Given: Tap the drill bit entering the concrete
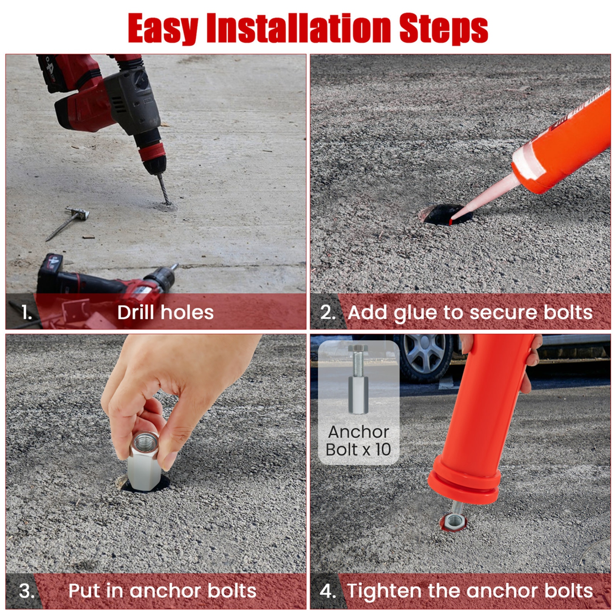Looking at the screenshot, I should point(163,189).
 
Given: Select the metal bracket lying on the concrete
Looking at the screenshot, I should point(78,214).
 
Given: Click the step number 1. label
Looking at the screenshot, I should point(27,313).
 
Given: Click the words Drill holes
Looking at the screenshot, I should point(165,313).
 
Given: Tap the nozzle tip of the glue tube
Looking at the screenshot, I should point(454,221).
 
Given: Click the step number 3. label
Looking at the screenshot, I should point(27,591).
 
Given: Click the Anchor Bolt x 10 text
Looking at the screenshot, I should point(358,441).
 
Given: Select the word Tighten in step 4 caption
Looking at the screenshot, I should point(384,591).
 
